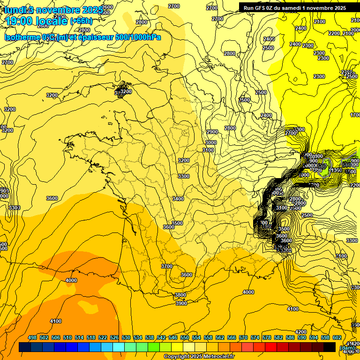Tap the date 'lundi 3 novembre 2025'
point(54,10)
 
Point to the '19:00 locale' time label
point(36,21)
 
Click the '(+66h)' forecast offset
point(81,21)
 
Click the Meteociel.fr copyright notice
point(199,357)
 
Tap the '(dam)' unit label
point(347,347)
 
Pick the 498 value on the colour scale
point(32,337)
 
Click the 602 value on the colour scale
point(337,337)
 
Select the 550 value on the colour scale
point(185,337)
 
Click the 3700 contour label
point(167,266)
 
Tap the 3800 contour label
point(180,295)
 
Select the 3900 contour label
point(181,303)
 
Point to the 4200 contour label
point(301,332)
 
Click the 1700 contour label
point(355,115)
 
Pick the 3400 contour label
point(178,199)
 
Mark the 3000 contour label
point(211,142)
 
